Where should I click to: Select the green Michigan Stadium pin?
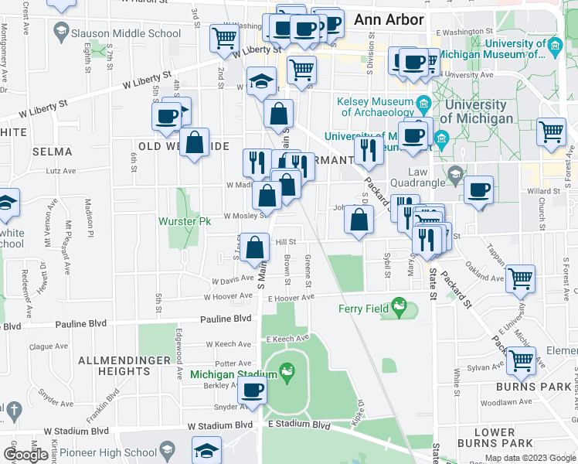coord(287,373)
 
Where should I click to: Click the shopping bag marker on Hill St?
coord(254,247)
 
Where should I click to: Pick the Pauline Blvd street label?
coord(226,319)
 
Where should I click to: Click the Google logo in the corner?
coord(26,455)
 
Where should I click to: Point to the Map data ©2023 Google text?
coord(530,458)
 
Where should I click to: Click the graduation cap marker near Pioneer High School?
coord(207,450)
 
